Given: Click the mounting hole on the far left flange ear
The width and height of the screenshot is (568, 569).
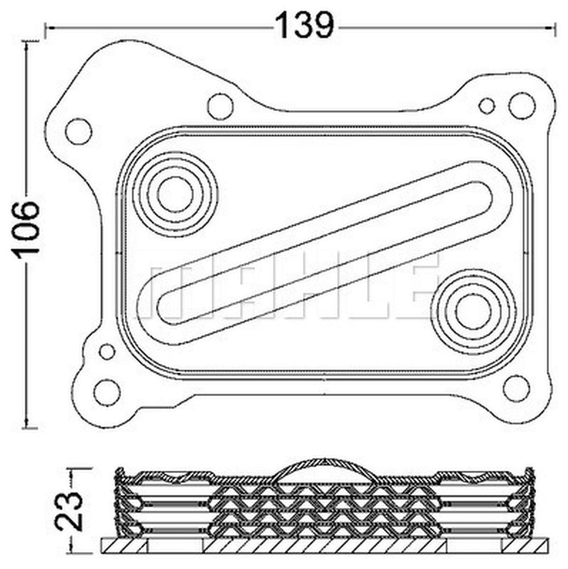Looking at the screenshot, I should click(x=78, y=132).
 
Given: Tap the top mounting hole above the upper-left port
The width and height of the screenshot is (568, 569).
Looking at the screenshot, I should click(x=220, y=106).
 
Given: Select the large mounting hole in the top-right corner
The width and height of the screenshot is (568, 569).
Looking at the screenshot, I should click(x=521, y=105).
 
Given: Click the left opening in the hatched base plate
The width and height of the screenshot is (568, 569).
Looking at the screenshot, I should click(x=175, y=545).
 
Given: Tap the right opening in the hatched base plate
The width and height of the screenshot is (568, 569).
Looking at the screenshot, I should click(x=474, y=545).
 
